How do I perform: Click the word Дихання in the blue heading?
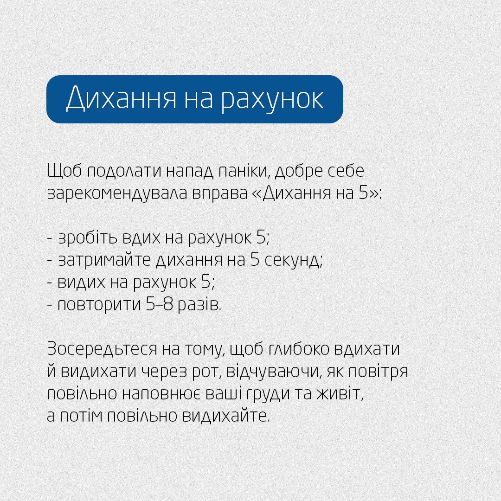pyautogui.click(x=121, y=99)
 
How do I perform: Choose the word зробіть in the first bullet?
pyautogui.click(x=88, y=238)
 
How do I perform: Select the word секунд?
pyautogui.click(x=293, y=261)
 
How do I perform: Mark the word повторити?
pyautogui.click(x=98, y=305)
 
